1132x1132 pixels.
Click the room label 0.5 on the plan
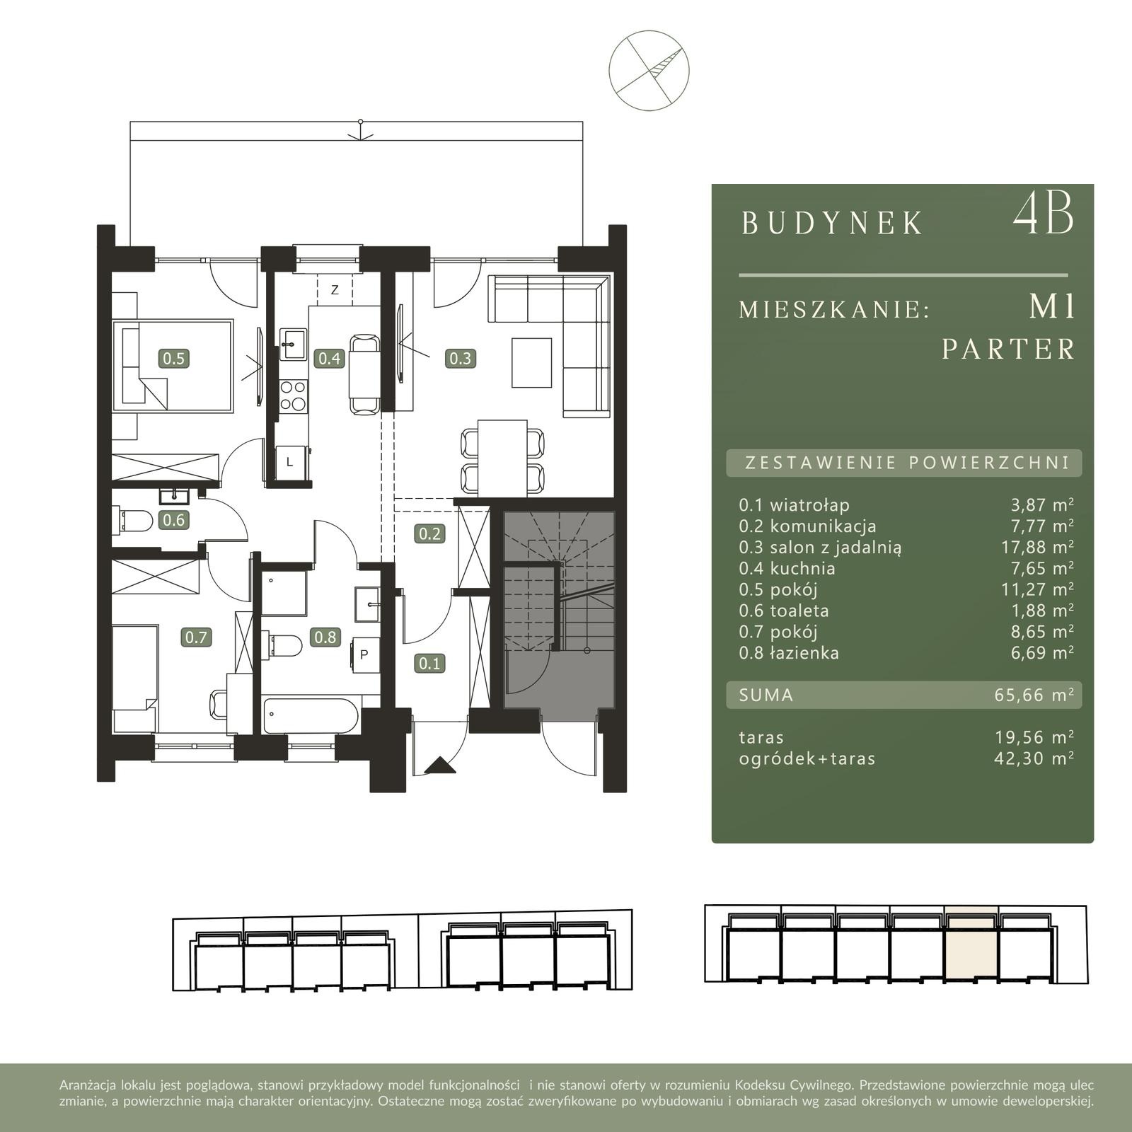pyautogui.click(x=173, y=358)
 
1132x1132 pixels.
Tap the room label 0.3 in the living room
pyautogui.click(x=460, y=358)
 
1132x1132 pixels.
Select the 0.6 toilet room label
pyautogui.click(x=173, y=520)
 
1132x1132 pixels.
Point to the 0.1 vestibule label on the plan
pyautogui.click(x=429, y=663)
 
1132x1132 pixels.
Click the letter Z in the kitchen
pyautogui.click(x=335, y=290)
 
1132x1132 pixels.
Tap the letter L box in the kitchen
pyautogui.click(x=290, y=463)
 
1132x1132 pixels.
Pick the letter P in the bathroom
pyautogui.click(x=364, y=654)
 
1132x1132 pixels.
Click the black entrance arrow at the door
pyautogui.click(x=440, y=766)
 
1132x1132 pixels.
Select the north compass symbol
pyautogui.click(x=649, y=70)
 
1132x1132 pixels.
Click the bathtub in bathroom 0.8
pyautogui.click(x=311, y=717)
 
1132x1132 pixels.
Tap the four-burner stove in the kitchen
pyautogui.click(x=293, y=395)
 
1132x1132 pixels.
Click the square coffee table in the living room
pyautogui.click(x=531, y=362)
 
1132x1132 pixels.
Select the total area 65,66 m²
pyautogui.click(x=1034, y=695)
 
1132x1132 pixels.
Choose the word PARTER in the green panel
pyautogui.click(x=1008, y=350)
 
